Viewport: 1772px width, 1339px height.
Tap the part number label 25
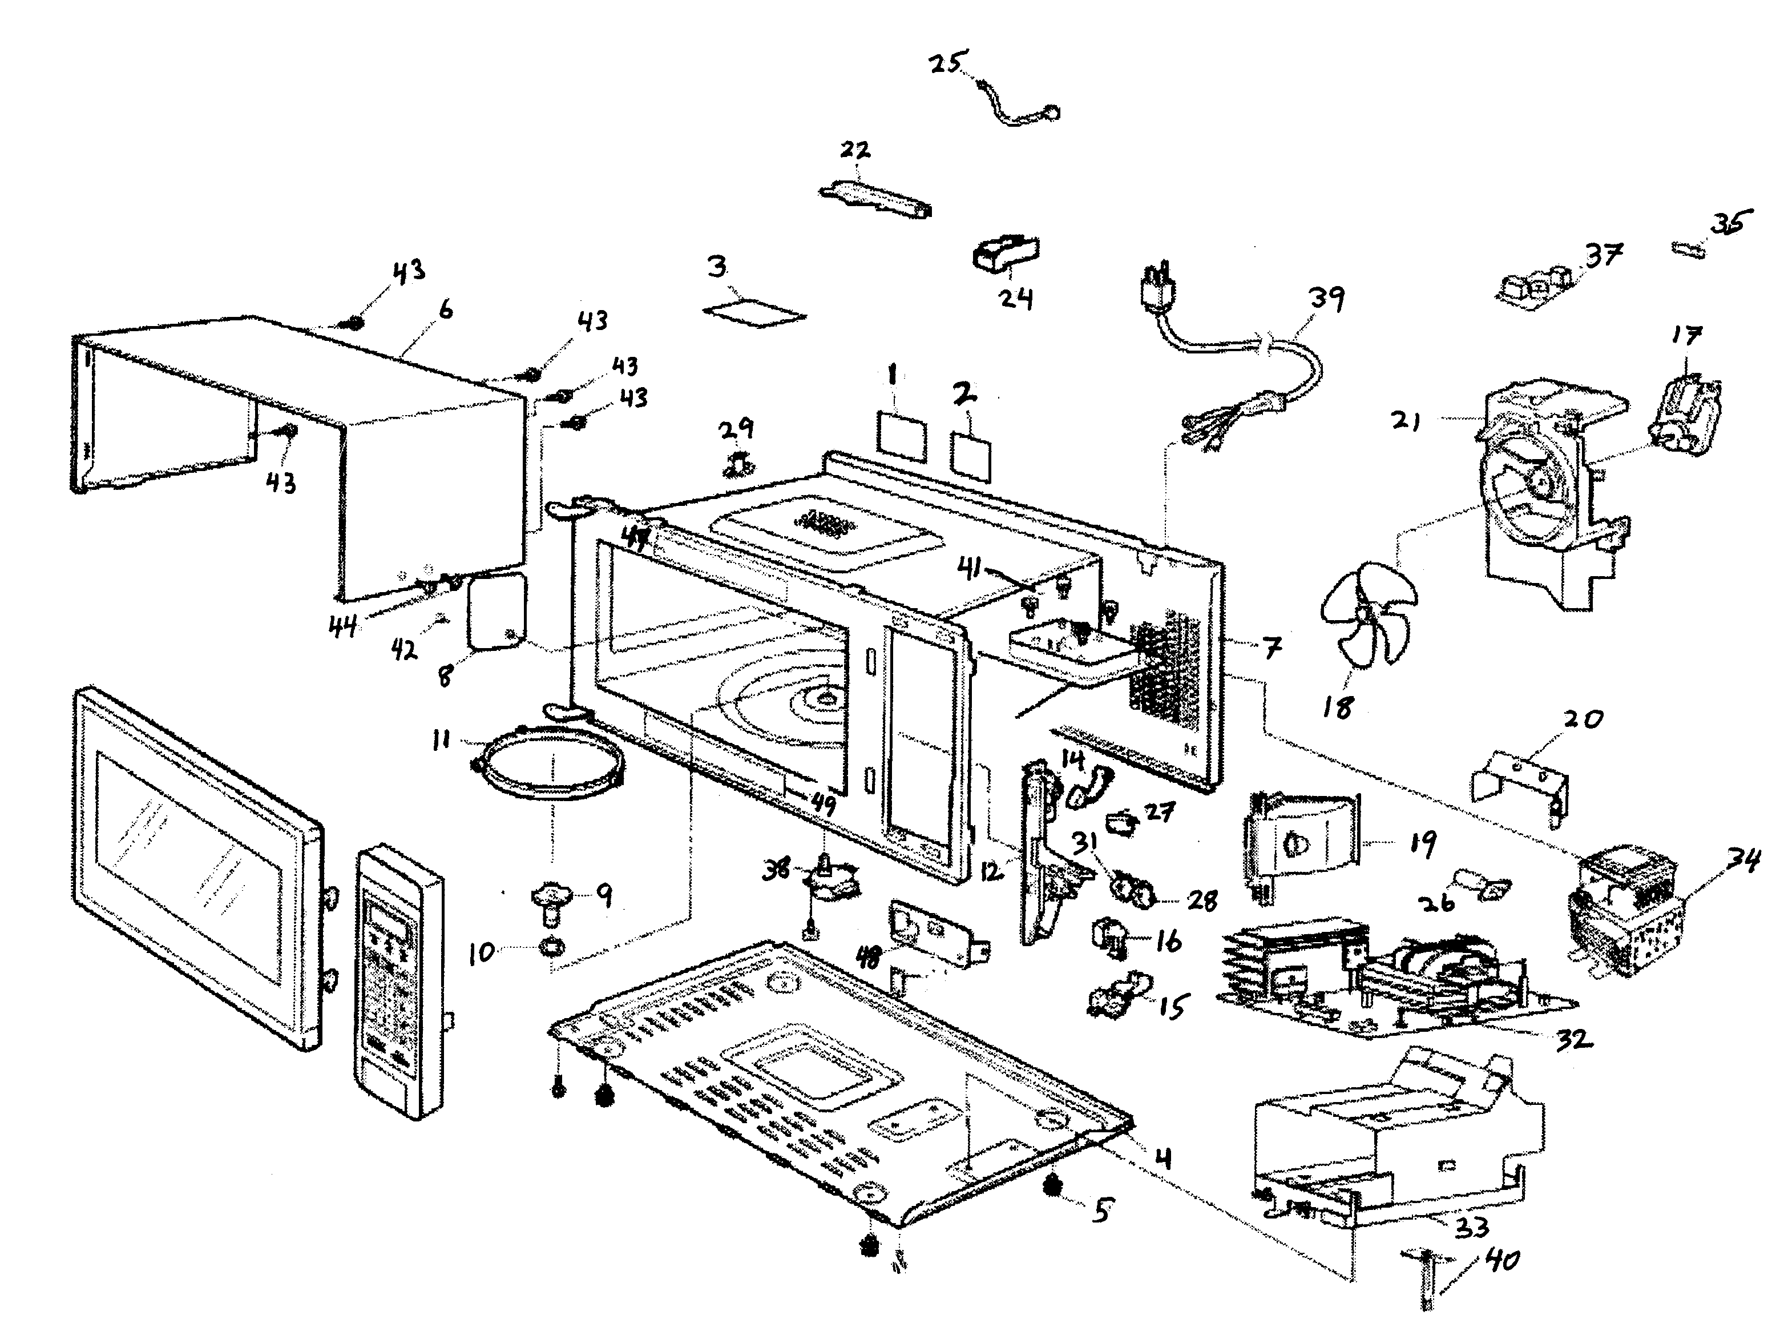pyautogui.click(x=948, y=62)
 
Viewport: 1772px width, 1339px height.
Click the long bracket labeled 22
pyautogui.click(x=875, y=197)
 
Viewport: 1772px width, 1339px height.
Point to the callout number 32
pyautogui.click(x=1572, y=1040)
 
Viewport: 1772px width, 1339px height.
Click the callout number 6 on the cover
pyautogui.click(x=445, y=308)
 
